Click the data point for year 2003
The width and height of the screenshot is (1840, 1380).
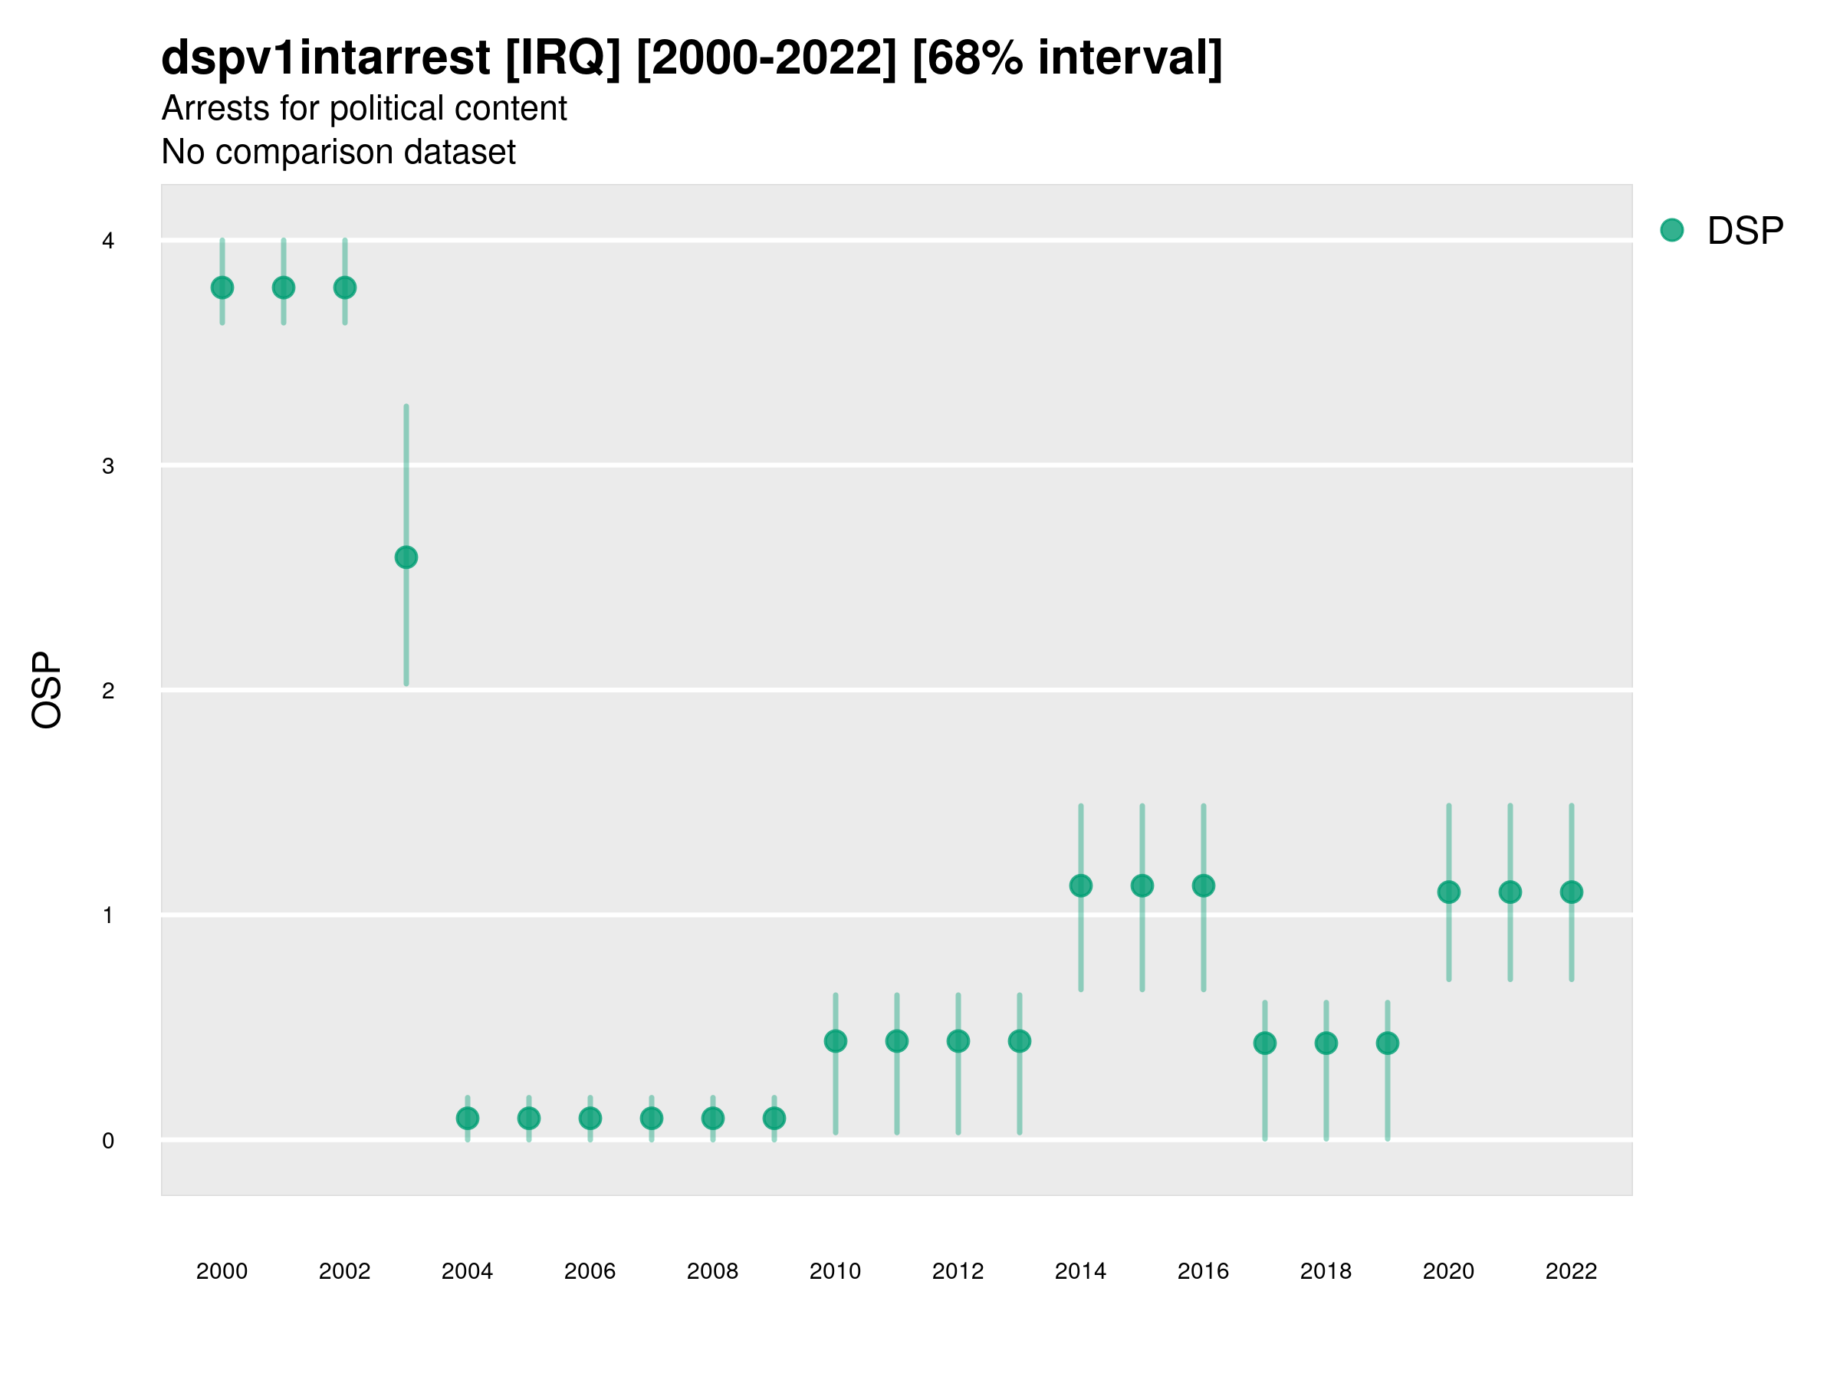pos(406,557)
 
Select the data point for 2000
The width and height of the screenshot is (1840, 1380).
pos(222,287)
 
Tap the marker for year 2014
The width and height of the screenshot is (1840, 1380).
pos(1080,886)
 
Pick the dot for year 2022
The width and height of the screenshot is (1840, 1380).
pos(1572,892)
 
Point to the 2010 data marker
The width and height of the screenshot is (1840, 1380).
pos(835,1041)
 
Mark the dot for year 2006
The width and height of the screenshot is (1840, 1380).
pos(590,1119)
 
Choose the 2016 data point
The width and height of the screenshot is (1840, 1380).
pos(1204,886)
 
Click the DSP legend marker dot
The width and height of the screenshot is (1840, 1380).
pos(1671,231)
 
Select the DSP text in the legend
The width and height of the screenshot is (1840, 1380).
pos(1745,232)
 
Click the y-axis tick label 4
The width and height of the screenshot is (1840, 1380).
pos(108,242)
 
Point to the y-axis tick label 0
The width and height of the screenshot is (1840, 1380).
pos(108,1142)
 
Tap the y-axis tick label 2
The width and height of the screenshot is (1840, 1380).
pos(108,692)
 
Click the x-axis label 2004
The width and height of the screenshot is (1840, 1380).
pos(468,1272)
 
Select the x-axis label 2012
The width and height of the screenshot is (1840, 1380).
pos(958,1272)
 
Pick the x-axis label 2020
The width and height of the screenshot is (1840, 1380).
pos(1448,1272)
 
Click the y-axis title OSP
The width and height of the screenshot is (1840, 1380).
pos(48,691)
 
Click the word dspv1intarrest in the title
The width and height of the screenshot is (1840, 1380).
pos(325,58)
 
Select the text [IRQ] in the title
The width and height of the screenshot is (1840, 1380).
pos(563,58)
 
